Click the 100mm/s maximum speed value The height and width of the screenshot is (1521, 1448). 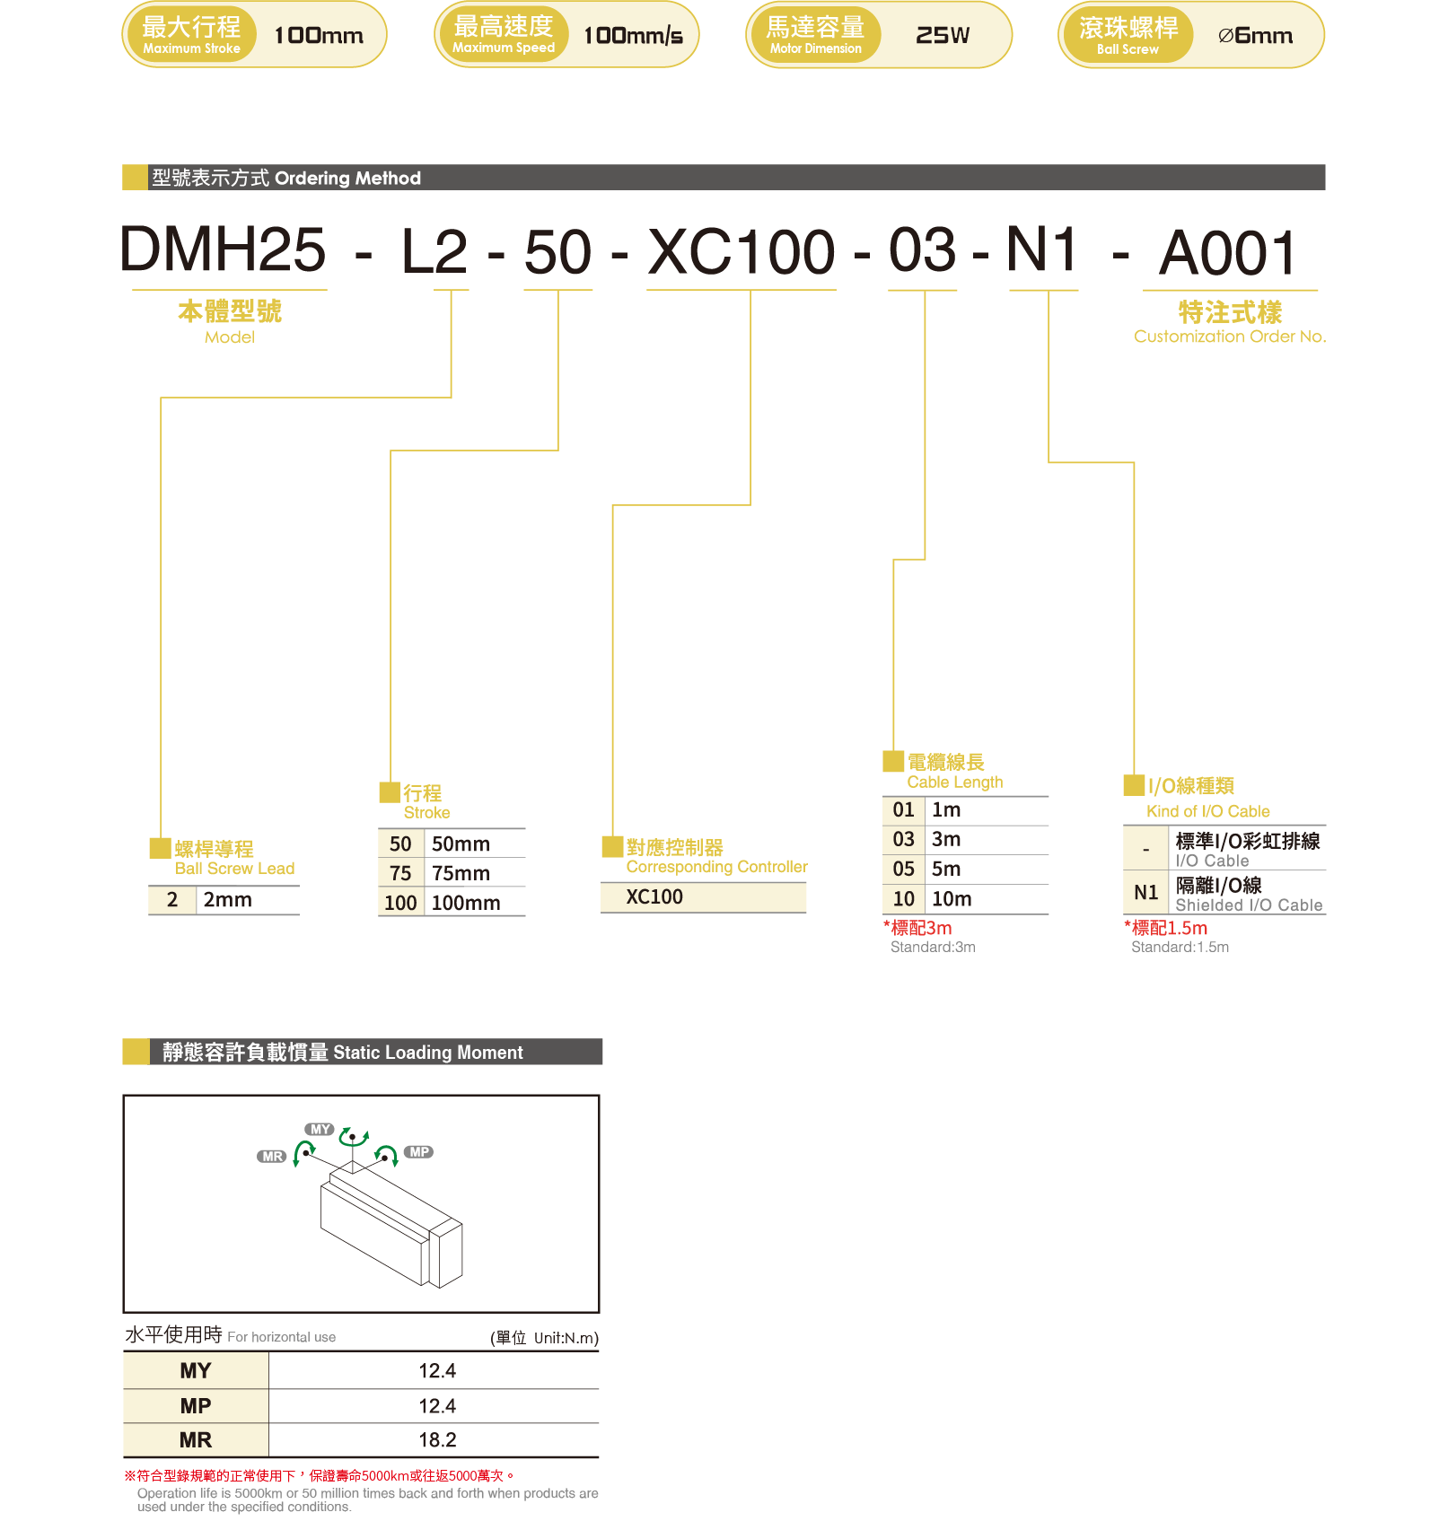[x=633, y=36]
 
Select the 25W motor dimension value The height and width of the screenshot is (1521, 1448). [x=942, y=36]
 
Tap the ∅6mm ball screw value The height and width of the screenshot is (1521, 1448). [x=1255, y=36]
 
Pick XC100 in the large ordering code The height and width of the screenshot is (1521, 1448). [x=742, y=252]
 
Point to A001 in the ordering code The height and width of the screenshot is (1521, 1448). [x=1228, y=253]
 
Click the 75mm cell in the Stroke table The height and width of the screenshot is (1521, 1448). [x=461, y=873]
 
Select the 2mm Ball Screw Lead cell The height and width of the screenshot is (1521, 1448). [x=227, y=900]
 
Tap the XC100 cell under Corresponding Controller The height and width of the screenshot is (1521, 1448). [x=654, y=897]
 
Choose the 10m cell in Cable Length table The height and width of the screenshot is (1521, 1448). [x=952, y=899]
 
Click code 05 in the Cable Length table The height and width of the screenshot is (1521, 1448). [x=903, y=870]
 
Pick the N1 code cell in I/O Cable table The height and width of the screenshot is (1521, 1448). [x=1145, y=893]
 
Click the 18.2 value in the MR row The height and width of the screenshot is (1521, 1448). [x=437, y=1440]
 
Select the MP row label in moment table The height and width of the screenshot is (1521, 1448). [x=195, y=1406]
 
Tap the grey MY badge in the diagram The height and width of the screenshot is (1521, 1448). [x=320, y=1130]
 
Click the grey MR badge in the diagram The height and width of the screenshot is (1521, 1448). [x=272, y=1157]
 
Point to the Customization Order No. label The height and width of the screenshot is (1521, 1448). [x=1229, y=337]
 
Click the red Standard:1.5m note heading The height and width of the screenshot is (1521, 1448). [x=1166, y=929]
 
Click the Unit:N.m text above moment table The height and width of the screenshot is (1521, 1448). [x=566, y=1338]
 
